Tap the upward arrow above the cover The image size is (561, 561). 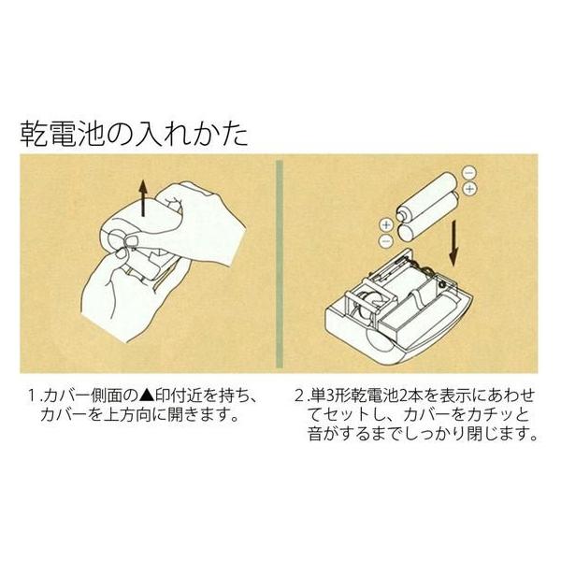coord(143,198)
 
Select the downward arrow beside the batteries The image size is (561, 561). coord(453,244)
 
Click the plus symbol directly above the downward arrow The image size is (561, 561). coord(469,188)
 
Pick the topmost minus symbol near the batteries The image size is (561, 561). coord(469,173)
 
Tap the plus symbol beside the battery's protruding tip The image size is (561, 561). coord(385,225)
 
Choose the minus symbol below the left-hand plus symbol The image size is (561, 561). coord(385,240)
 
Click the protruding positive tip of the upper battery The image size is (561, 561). coord(400,217)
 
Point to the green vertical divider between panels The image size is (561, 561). coord(280,264)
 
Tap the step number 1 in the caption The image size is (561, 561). coord(33,396)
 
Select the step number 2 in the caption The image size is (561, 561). coord(299,396)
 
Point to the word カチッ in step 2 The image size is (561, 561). coord(489,415)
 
